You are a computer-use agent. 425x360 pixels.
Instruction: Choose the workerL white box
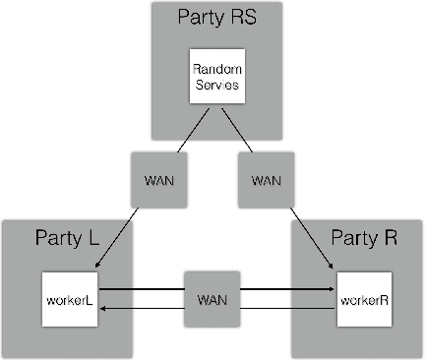pyautogui.click(x=69, y=299)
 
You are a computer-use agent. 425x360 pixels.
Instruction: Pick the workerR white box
pyautogui.click(x=357, y=299)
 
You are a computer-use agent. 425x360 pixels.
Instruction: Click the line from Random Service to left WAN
pyautogui.click(x=187, y=130)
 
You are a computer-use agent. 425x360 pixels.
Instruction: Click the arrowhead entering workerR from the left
pyautogui.click(x=329, y=291)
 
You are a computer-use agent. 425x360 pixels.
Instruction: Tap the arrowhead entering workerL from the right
pyautogui.click(x=102, y=307)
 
